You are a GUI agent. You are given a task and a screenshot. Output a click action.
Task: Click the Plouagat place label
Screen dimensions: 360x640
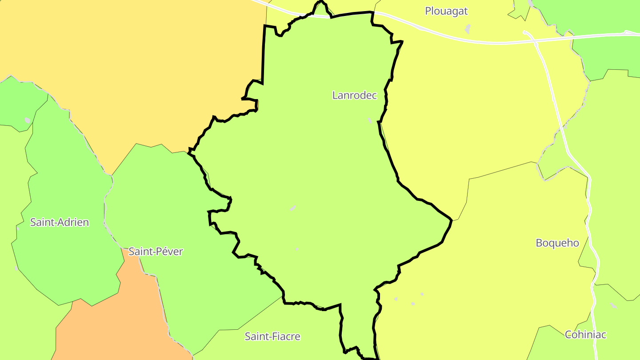point(446,11)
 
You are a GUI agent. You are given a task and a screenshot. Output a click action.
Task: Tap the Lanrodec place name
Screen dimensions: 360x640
point(354,95)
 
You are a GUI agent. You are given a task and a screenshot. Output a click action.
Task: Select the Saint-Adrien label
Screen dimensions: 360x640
point(59,222)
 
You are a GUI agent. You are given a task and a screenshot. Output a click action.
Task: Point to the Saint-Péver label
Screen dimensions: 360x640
point(156,252)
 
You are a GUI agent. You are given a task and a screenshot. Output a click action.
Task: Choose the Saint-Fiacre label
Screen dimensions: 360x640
point(272,336)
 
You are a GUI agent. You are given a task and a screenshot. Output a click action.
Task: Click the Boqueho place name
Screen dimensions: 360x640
point(557,243)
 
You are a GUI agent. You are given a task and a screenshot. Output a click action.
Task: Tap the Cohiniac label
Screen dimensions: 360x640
point(585,335)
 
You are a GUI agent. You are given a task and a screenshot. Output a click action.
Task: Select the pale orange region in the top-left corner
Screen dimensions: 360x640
point(133,67)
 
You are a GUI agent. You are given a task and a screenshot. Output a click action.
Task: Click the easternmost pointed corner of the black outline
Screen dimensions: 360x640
point(452,220)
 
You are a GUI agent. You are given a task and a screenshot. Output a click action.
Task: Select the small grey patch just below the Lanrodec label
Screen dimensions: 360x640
point(370,120)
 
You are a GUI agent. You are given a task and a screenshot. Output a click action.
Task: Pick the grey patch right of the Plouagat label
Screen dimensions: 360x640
point(467,29)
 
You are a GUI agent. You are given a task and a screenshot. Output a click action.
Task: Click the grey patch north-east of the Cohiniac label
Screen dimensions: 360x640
point(613,306)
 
